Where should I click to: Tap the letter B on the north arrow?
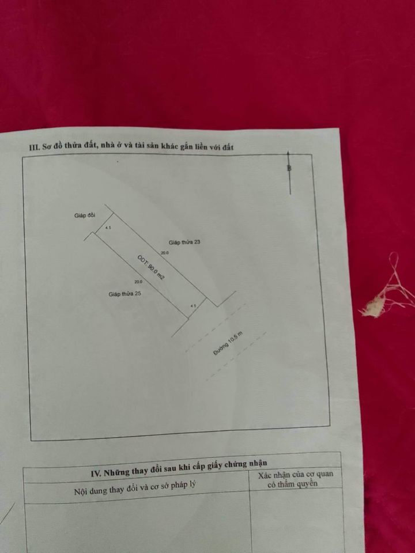pyautogui.click(x=289, y=169)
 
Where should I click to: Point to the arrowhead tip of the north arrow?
pyautogui.click(x=289, y=151)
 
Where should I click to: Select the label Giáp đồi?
pyautogui.click(x=85, y=215)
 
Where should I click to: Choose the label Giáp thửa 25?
pyautogui.click(x=124, y=293)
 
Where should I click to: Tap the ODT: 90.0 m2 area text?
pyautogui.click(x=151, y=268)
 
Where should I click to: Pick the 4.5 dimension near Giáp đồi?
pyautogui.click(x=108, y=228)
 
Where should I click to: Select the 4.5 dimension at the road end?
pyautogui.click(x=193, y=306)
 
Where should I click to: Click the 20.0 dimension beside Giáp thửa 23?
pyautogui.click(x=165, y=253)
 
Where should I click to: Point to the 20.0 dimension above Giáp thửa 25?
pyautogui.click(x=138, y=282)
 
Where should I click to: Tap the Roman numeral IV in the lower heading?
pyautogui.click(x=96, y=474)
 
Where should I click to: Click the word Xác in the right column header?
pyautogui.click(x=265, y=476)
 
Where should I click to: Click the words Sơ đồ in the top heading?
pyautogui.click(x=53, y=147)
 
